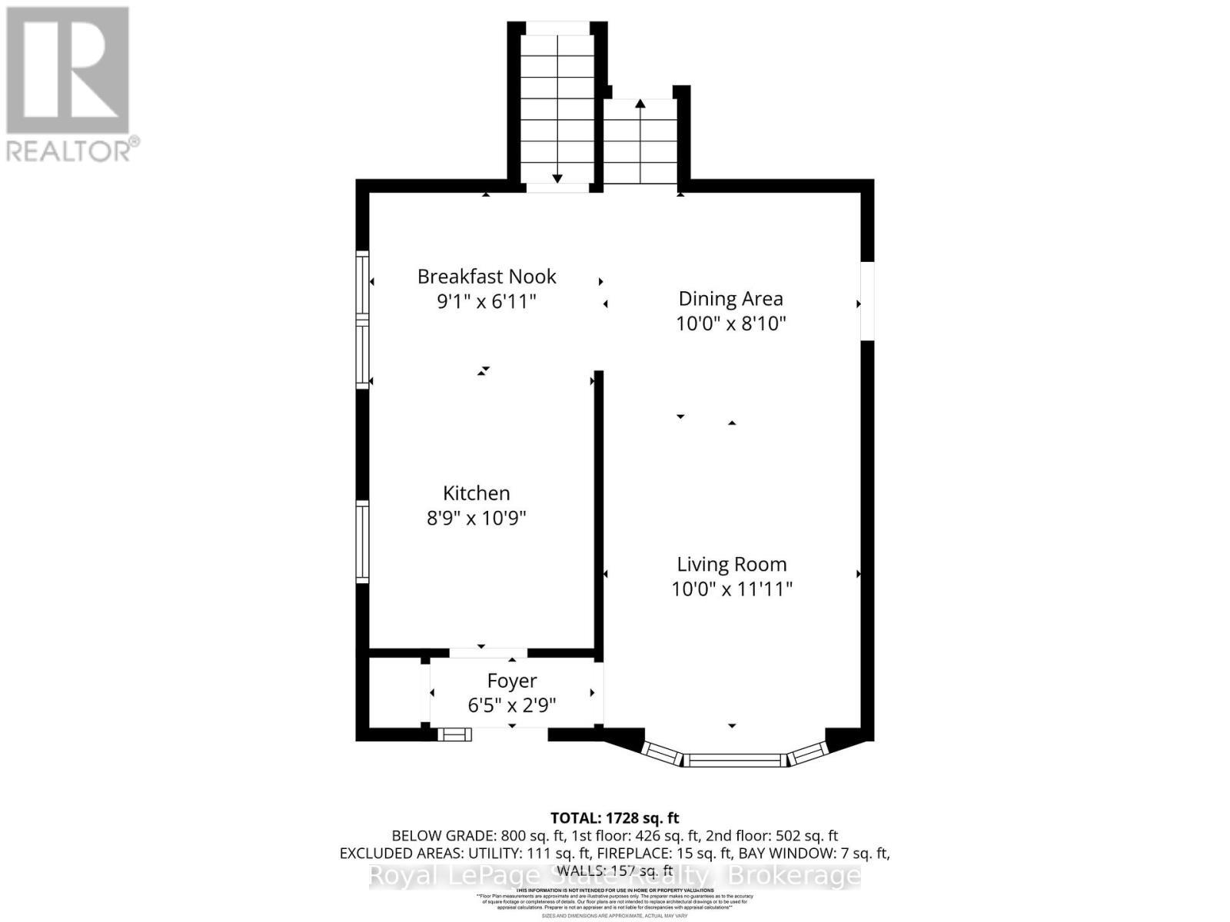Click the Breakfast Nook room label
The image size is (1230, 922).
pos(487,277)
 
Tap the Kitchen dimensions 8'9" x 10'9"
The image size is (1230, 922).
pos(477,519)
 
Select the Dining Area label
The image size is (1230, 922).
pos(730,299)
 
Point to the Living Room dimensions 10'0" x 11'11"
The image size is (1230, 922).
pos(731,589)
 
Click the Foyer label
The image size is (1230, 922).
pos(512,682)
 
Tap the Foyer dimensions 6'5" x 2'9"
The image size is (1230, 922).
pos(512,705)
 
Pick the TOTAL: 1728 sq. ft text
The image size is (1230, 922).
pos(614,818)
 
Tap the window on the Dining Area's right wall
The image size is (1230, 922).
pos(867,301)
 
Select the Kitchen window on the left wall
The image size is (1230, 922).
pos(362,541)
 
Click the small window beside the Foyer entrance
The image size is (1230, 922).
pos(454,735)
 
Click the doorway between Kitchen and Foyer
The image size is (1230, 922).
pos(488,653)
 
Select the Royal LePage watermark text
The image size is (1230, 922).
pos(615,876)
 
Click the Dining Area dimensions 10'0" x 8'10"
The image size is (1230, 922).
pos(730,323)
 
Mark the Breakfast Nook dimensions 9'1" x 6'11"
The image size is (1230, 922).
pos(487,301)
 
